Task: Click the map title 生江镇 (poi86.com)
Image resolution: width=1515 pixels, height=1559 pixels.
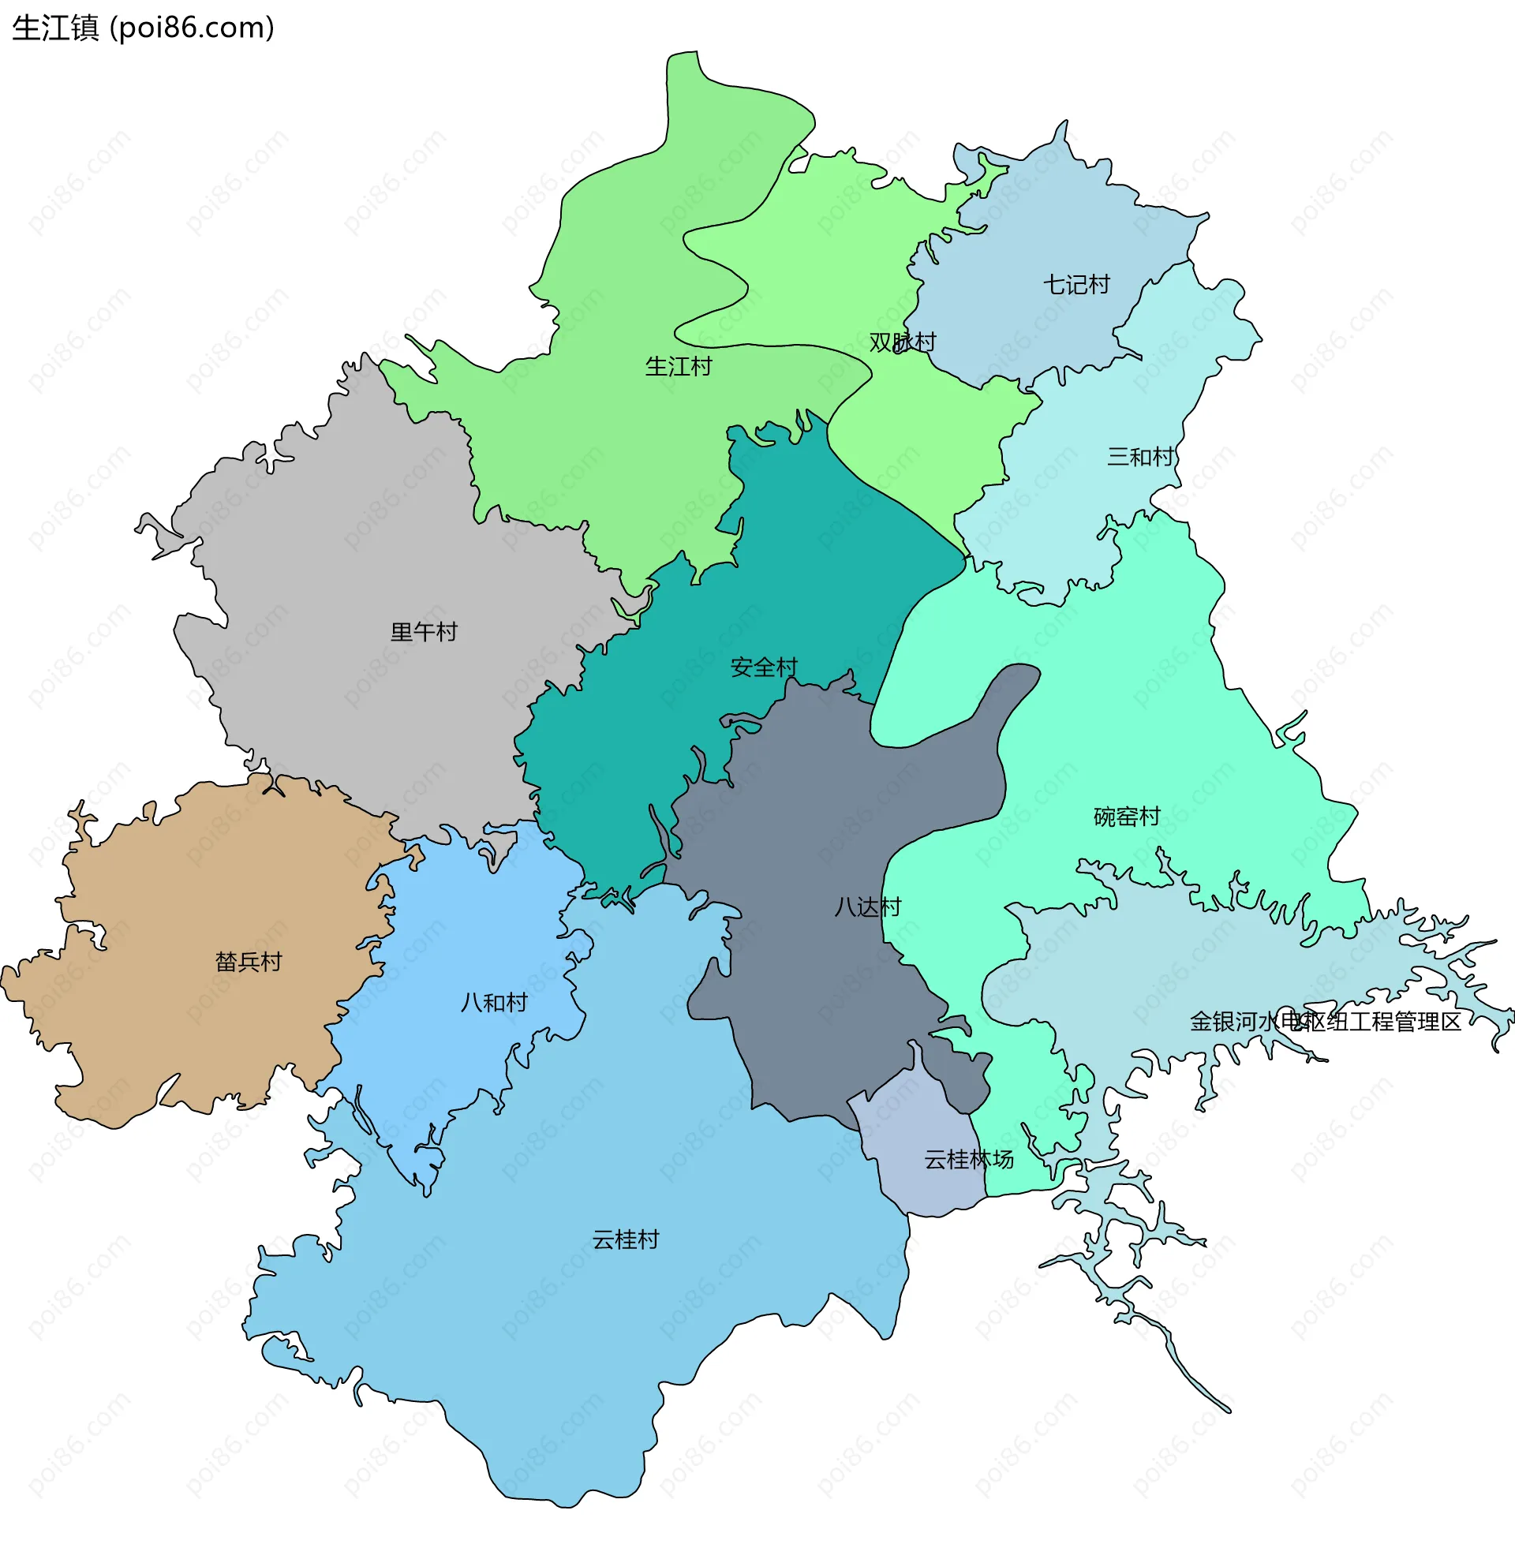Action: point(144,28)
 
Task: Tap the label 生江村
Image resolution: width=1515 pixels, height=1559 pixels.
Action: point(678,367)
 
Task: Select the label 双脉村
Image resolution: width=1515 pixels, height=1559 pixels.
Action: point(903,342)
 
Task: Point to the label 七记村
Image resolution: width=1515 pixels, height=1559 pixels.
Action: point(1075,285)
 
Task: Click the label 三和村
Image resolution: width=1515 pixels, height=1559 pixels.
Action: point(1140,457)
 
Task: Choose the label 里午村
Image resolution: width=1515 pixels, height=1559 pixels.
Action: point(423,632)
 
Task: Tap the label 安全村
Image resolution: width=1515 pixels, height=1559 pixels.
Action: point(764,667)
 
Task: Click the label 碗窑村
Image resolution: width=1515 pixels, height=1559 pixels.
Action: point(1127,817)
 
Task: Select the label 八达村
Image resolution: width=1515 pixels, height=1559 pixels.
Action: point(867,907)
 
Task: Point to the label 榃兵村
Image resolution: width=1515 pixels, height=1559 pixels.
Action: point(249,962)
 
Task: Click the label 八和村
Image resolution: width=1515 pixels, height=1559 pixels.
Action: point(494,1002)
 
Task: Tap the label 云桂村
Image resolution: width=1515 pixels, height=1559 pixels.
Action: point(626,1239)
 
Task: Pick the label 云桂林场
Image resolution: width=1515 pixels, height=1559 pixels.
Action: point(968,1160)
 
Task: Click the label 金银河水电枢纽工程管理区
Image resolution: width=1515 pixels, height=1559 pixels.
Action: point(1325,1022)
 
